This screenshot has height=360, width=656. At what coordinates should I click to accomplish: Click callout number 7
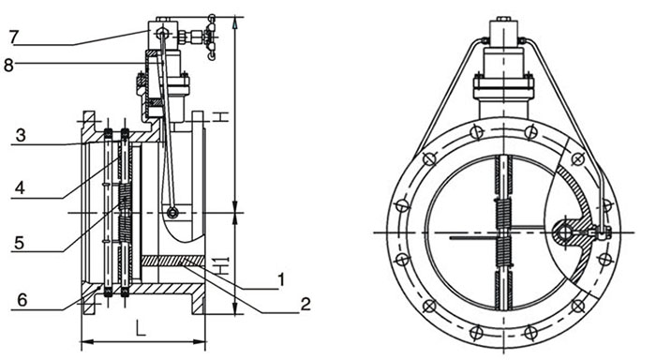click(13, 37)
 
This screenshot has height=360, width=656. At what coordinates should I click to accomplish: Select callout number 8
click(8, 65)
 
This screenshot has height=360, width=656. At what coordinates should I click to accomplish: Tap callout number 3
click(21, 135)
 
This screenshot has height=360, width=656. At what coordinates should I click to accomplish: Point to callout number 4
click(20, 187)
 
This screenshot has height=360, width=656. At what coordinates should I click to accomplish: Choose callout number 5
click(19, 243)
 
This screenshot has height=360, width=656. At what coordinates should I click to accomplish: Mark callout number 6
click(22, 300)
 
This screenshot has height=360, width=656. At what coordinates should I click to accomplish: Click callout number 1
click(281, 279)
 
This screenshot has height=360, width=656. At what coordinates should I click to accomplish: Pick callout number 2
click(306, 304)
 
